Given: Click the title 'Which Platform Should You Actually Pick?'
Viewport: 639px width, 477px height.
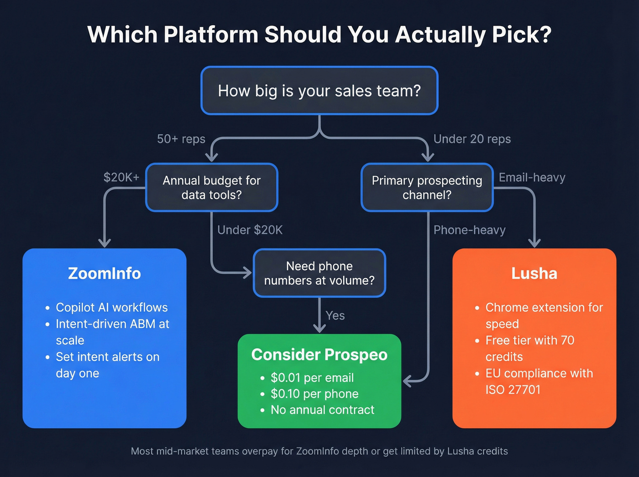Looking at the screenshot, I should click(319, 35).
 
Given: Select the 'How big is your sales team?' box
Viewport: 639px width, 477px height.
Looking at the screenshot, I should click(319, 91).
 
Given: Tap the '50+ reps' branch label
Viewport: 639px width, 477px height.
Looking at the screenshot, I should click(181, 139).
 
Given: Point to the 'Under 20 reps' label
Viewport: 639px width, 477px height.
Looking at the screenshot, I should click(472, 139).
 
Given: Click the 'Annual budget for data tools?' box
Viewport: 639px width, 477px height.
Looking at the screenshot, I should click(212, 188).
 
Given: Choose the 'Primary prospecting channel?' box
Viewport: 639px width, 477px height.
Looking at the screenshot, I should click(427, 188).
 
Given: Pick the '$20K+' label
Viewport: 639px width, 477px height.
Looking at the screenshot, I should click(121, 178).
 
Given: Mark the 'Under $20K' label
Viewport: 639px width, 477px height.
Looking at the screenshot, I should click(250, 230).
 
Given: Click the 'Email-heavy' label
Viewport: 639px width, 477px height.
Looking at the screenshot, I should click(532, 178).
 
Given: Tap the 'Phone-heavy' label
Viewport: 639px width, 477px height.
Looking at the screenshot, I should click(470, 230).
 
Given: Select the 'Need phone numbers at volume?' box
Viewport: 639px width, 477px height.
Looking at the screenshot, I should click(319, 273).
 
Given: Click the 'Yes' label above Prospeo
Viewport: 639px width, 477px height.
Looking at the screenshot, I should click(335, 315).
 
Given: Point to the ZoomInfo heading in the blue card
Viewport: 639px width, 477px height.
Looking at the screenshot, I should click(105, 273).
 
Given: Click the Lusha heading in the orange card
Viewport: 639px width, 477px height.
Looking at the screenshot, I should click(534, 273).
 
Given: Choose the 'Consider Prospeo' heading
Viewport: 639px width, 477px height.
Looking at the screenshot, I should click(319, 355).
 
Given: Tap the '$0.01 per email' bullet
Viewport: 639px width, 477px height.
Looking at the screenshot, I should click(312, 378).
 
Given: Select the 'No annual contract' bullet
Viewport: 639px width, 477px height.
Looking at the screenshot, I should click(322, 410).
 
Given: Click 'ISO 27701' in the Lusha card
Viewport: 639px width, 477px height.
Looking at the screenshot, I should click(513, 390).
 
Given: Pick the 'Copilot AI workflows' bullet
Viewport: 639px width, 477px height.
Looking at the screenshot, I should click(112, 308).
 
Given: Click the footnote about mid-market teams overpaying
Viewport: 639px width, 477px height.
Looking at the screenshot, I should click(319, 451).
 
